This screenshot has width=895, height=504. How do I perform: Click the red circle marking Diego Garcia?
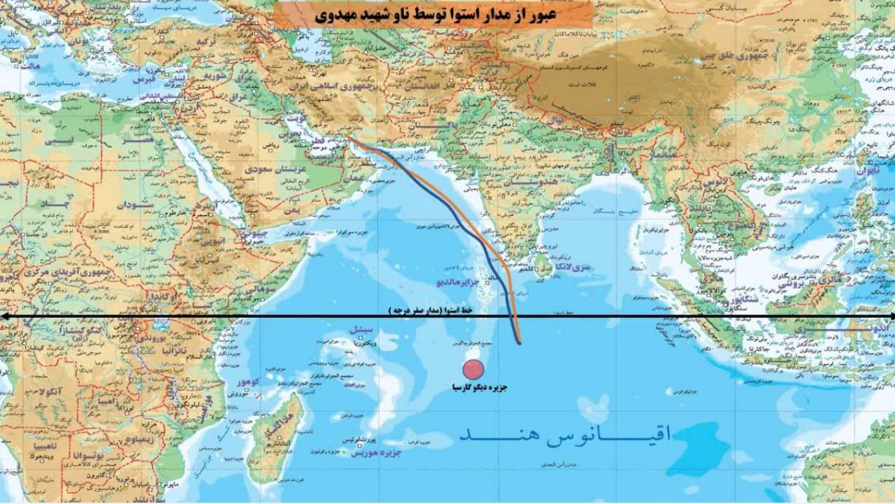pos(474,370)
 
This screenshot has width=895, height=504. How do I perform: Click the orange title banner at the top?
pos(433,14)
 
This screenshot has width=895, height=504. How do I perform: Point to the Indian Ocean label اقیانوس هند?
pos(565,435)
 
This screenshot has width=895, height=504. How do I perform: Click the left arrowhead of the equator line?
pos(4,317)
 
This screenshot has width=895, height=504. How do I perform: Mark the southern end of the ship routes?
pos(519,343)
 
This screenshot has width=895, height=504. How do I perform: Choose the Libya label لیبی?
pos(59,140)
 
